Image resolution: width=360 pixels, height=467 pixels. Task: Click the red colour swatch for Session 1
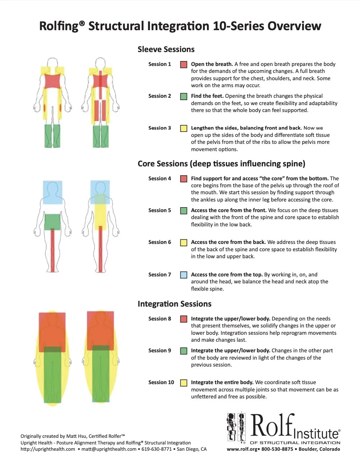coord(184,65)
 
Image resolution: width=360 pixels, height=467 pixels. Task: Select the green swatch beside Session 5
coord(184,211)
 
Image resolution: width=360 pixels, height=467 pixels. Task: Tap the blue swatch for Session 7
coord(184,275)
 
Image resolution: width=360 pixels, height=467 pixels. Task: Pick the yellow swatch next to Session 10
coord(184,383)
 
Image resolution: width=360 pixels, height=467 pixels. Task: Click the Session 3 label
coord(159,128)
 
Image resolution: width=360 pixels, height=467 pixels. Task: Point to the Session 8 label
coord(159,319)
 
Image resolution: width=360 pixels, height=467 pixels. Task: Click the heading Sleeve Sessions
coord(166,49)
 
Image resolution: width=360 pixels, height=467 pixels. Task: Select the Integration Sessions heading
coord(174,304)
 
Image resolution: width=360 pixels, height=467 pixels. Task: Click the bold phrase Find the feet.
coord(207,96)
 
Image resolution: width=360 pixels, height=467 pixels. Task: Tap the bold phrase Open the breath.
coord(212,64)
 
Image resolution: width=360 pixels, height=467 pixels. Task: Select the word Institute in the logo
coord(317,434)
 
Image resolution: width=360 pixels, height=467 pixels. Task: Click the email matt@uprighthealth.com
coord(109,449)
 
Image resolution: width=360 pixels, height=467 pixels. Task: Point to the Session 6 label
coord(159,242)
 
